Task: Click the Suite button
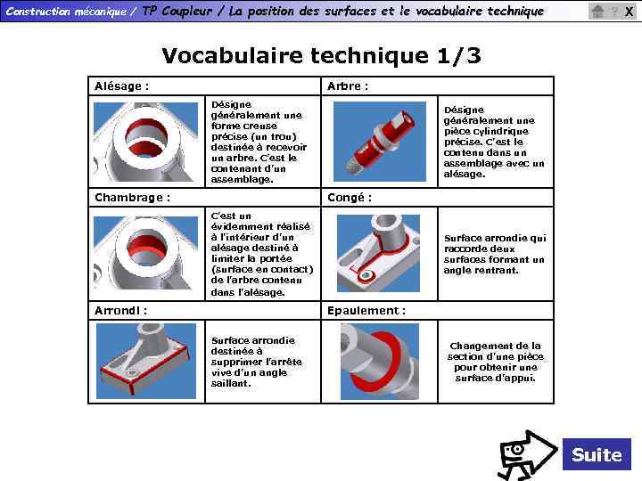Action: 597,454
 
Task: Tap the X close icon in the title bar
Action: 630,12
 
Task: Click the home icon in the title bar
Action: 597,11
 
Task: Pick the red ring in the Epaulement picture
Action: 374,359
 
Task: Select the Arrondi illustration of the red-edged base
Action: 146,361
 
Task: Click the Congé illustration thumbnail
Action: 378,253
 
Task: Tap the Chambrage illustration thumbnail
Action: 145,253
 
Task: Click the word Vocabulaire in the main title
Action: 232,55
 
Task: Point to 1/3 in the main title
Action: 458,55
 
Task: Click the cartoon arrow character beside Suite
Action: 527,455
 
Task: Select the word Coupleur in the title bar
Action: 186,12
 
